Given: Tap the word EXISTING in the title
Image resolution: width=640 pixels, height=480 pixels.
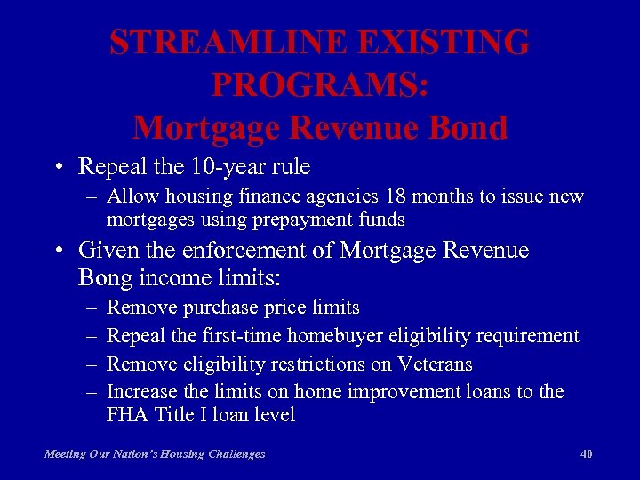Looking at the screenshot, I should tap(455, 43).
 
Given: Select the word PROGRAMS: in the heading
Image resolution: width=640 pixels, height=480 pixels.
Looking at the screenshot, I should tap(320, 85).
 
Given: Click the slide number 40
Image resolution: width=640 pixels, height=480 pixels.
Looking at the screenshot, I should tap(586, 454).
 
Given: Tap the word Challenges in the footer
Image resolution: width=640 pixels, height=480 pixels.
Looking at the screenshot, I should tap(235, 454).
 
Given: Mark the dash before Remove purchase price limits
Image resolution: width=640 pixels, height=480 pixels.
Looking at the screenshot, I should tap(92, 308).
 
